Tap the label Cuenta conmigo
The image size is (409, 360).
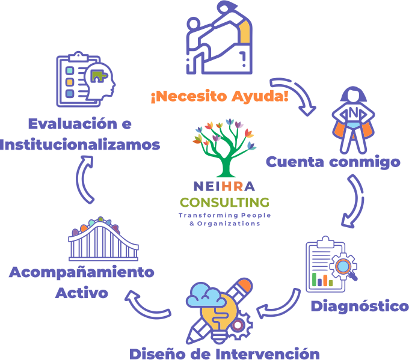point(333,162)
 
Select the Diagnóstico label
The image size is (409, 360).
point(359,306)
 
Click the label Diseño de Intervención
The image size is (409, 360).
point(224,352)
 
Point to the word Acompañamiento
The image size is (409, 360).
point(81,272)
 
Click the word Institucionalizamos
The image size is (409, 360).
point(80,145)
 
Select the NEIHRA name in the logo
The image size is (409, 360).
point(223,186)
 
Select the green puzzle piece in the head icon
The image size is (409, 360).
point(99,76)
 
